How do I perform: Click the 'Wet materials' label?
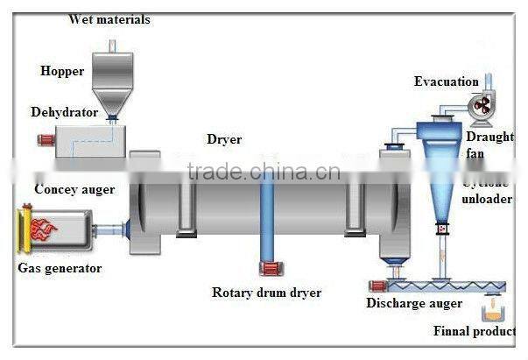pos(109,19)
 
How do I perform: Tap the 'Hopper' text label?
pos(63,71)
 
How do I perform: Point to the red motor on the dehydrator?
pos(41,139)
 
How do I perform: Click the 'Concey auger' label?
pos(74,189)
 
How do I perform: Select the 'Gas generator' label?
pos(60,267)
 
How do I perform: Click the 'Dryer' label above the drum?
pos(224,139)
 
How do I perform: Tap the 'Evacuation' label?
pos(446,81)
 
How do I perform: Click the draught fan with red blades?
pos(482,107)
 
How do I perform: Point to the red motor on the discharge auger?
pos(377,285)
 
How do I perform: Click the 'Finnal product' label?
pos(474,331)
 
